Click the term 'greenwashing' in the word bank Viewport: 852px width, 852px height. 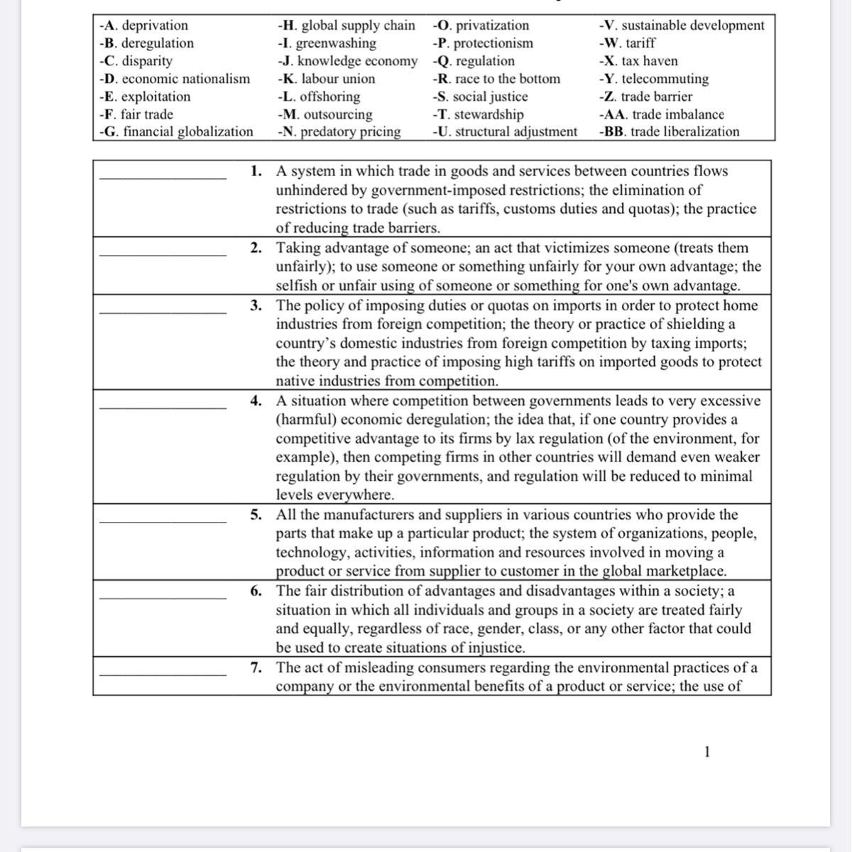coord(336,43)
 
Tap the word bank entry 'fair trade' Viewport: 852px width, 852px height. coord(146,114)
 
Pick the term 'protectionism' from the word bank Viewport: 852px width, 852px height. coord(493,43)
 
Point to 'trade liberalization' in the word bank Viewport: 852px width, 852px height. coord(684,132)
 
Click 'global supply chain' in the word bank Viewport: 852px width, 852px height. coord(358,26)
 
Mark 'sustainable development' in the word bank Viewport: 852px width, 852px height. coord(692,26)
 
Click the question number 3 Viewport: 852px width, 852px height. coord(256,305)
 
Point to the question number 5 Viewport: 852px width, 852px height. coord(256,515)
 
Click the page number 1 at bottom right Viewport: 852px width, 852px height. coord(706,752)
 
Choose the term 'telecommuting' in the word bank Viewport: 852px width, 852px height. coord(665,79)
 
